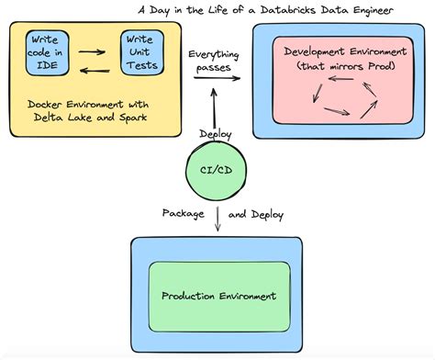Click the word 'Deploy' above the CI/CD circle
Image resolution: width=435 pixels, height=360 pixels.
tap(216, 134)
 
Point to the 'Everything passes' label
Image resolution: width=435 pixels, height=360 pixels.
tap(214, 62)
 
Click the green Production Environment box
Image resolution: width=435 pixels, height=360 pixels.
tap(218, 295)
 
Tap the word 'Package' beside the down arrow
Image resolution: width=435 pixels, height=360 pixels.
tap(182, 214)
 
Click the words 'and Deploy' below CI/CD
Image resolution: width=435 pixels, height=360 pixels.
tap(255, 214)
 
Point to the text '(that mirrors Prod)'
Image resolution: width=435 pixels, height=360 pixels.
tap(341, 66)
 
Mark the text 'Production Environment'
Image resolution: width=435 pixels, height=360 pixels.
tap(218, 296)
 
